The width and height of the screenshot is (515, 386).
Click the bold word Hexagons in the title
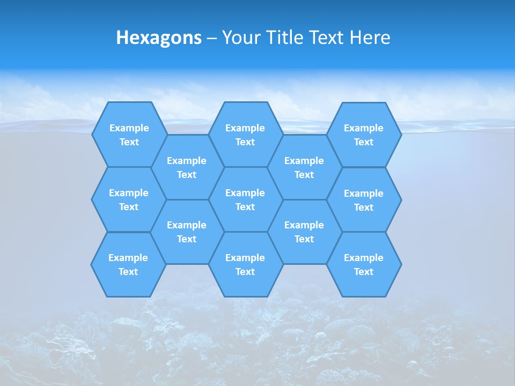coord(159,38)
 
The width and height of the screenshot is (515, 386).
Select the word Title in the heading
coord(285,38)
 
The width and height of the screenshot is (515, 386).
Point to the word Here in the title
coord(370,38)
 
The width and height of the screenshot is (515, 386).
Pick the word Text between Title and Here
coord(327,38)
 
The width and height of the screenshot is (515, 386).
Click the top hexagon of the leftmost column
coord(129,135)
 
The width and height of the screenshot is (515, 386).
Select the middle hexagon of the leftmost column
coord(129,199)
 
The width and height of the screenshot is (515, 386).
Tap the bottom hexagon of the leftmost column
coord(128,264)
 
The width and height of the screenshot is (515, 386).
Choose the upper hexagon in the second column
coord(187,167)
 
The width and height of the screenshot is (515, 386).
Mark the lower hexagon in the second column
coord(187,232)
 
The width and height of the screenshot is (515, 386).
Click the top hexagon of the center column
coord(245,135)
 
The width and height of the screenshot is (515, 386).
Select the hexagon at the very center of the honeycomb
coord(245,199)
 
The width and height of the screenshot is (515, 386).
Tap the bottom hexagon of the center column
coord(245,264)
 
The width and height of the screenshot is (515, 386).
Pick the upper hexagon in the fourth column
coord(304,167)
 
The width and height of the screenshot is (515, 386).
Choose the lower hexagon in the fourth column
coord(304,232)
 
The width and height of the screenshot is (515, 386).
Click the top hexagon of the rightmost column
coord(364,135)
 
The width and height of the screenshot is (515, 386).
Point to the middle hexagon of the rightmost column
coord(364,200)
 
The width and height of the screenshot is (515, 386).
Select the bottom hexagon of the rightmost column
coord(364,264)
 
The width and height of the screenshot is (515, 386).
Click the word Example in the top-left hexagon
coord(129,128)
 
